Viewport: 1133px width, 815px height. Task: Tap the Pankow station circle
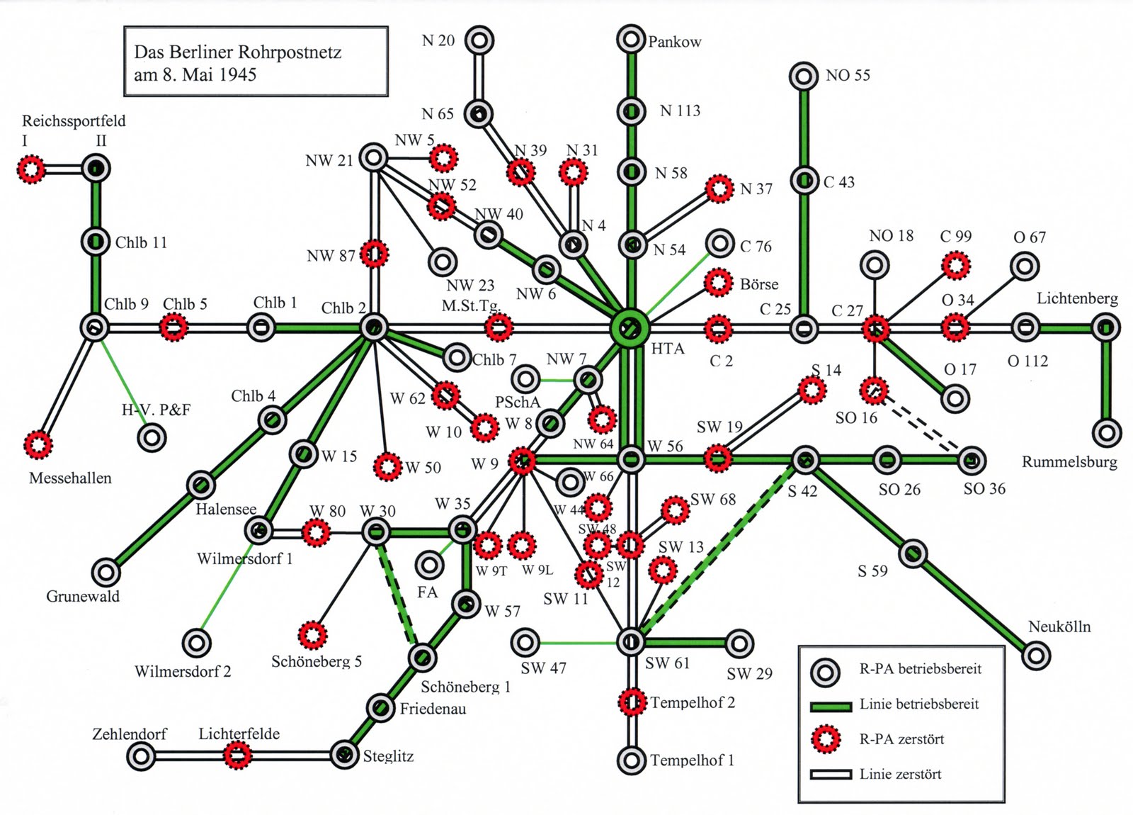click(x=630, y=40)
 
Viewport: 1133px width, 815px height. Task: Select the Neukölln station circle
click(x=1036, y=656)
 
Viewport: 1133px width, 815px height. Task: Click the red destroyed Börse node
click(x=719, y=283)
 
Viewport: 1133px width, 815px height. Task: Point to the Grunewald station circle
click(x=106, y=571)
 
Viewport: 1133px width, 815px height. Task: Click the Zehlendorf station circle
click(x=141, y=756)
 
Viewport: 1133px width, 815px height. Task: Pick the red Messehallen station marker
click(x=38, y=445)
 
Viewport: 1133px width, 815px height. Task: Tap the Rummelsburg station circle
click(x=1106, y=432)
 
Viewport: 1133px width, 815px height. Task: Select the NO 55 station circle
click(x=804, y=76)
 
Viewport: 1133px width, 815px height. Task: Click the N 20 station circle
click(x=479, y=40)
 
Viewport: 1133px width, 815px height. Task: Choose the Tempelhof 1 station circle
click(x=631, y=760)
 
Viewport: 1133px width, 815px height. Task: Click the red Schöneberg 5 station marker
click(x=312, y=635)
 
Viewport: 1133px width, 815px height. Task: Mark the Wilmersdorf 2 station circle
click(x=196, y=643)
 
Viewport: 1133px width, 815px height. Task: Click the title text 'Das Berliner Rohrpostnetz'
click(x=238, y=52)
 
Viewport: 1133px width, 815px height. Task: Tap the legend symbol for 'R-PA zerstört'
click(x=825, y=739)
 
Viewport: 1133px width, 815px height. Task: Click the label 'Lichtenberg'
click(x=1077, y=298)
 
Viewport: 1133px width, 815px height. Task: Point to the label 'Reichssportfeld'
click(x=74, y=121)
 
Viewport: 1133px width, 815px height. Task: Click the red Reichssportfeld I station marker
click(x=31, y=169)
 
